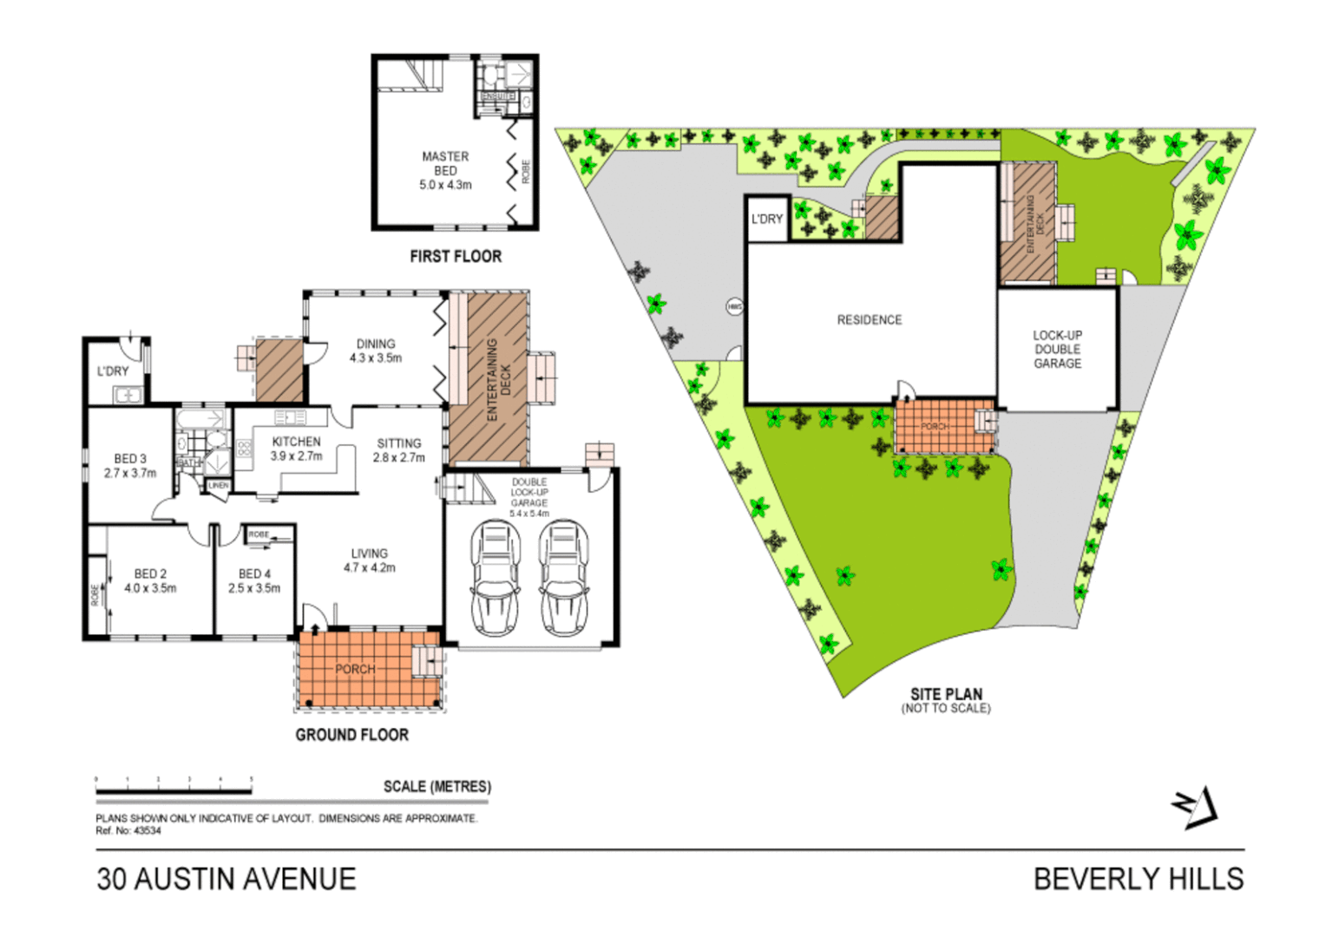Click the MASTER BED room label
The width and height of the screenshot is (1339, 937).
pyautogui.click(x=445, y=170)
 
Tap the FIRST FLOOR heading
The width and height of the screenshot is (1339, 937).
pyautogui.click(x=456, y=257)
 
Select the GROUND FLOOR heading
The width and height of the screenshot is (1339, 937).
pyautogui.click(x=351, y=735)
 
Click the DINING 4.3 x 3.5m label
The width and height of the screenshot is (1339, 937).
pyautogui.click(x=376, y=351)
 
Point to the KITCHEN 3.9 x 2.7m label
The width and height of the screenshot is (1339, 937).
pyautogui.click(x=296, y=449)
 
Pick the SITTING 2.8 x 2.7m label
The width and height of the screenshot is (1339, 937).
pyautogui.click(x=399, y=450)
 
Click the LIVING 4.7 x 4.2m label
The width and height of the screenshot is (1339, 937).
pyautogui.click(x=370, y=560)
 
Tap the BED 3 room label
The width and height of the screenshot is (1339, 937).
pyautogui.click(x=130, y=466)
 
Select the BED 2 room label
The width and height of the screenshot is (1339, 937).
pyautogui.click(x=150, y=580)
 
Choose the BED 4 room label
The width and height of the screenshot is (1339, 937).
pyautogui.click(x=254, y=580)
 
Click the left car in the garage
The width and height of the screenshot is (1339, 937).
pyautogui.click(x=496, y=578)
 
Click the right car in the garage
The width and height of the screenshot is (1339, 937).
pyautogui.click(x=564, y=578)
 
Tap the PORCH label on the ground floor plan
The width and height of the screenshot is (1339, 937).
pyautogui.click(x=355, y=669)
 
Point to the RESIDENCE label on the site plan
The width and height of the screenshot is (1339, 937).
pyautogui.click(x=869, y=320)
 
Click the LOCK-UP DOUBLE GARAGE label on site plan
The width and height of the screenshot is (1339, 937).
pyautogui.click(x=1057, y=349)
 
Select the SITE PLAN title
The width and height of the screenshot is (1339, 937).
pyautogui.click(x=946, y=695)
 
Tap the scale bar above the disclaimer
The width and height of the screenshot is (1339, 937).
pyautogui.click(x=174, y=790)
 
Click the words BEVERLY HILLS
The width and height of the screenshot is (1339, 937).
pyautogui.click(x=1139, y=879)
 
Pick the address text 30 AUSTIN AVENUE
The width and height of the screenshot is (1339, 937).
pyautogui.click(x=226, y=879)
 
